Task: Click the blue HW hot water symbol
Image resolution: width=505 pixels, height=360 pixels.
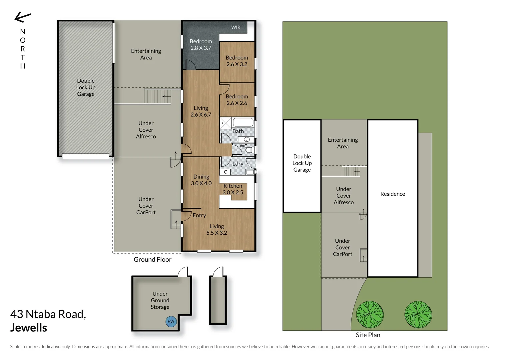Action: point(171,322)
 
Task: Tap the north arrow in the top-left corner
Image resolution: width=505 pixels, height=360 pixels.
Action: point(23,17)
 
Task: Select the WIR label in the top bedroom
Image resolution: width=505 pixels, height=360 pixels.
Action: point(236,27)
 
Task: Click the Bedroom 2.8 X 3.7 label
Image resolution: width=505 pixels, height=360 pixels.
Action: point(201,45)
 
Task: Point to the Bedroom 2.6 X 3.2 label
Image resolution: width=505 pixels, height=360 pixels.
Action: point(237,61)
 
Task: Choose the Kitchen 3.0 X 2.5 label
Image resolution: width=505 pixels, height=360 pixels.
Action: point(233,189)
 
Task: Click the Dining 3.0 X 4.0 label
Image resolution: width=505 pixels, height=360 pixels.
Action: point(201,180)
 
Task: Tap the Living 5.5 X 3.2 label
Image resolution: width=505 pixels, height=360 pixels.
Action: point(217,230)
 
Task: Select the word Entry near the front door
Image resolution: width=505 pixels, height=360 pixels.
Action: point(199,216)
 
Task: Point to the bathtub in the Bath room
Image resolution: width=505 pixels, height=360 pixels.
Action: point(243,122)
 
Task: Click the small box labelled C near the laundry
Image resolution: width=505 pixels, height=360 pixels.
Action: point(226,172)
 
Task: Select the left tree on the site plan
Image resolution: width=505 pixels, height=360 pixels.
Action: point(370,315)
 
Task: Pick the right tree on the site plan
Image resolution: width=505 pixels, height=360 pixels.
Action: point(418,315)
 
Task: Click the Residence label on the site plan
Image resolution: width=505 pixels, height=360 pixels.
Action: point(392,194)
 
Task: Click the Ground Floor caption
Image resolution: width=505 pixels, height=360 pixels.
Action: point(153,260)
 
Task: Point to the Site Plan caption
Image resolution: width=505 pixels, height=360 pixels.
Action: point(368,335)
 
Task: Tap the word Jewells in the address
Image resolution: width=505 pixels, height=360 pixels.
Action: point(29,328)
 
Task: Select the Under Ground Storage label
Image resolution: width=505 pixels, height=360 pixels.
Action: point(160,300)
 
